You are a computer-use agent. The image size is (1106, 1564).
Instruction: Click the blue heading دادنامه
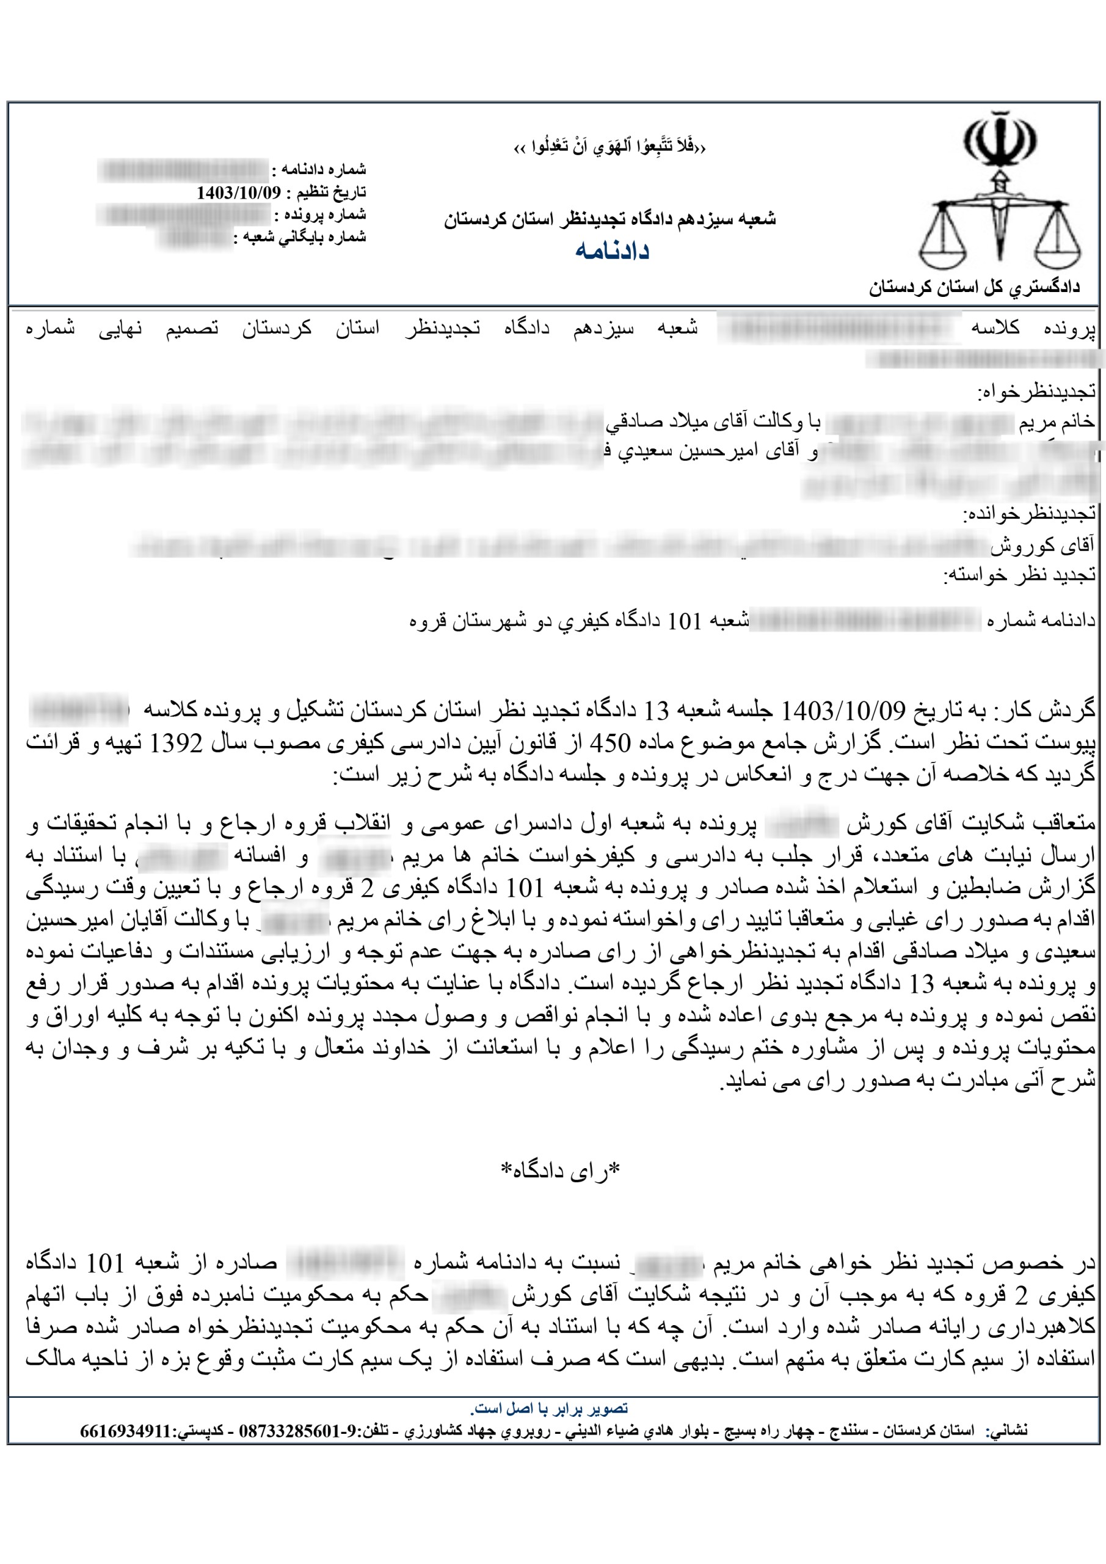(611, 250)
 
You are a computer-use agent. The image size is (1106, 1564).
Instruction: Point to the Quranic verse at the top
(609, 147)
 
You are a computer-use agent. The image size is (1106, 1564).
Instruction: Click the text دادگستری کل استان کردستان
(974, 288)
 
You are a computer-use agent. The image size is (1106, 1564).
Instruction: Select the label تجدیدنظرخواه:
(1036, 392)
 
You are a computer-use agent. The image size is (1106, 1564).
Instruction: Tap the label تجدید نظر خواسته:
(1019, 576)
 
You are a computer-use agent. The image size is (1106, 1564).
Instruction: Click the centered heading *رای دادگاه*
(561, 1171)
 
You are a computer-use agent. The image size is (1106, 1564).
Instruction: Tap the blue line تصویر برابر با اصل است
(549, 1408)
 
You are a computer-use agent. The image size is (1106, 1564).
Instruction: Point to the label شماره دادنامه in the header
(322, 169)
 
